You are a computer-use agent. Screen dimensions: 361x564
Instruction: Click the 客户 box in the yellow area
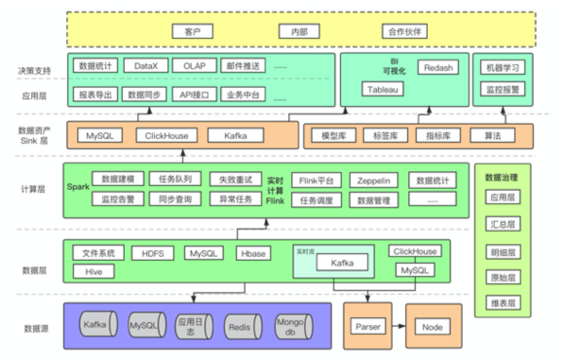pos(192,32)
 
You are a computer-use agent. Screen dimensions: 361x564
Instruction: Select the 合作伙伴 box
pos(404,32)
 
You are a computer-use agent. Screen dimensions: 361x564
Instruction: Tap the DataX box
pos(146,66)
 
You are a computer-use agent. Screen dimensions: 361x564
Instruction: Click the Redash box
pos(438,68)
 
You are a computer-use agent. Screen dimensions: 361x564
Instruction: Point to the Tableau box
pos(382,90)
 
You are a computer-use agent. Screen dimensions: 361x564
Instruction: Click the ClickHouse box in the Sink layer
pos(166,136)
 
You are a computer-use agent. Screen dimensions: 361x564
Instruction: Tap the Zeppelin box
pos(373,180)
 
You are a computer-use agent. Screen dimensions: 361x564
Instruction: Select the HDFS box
pos(153,253)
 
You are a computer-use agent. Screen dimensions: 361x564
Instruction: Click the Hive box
pos(94,271)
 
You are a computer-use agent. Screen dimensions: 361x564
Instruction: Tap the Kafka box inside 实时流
pos(342,263)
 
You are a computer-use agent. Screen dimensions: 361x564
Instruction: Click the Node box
pos(432,327)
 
